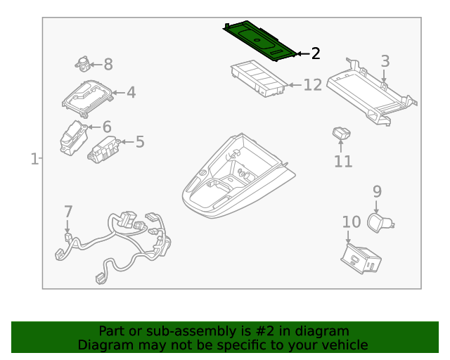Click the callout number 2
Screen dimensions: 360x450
coord(316,53)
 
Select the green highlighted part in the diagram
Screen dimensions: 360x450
coord(259,41)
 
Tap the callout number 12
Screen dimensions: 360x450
coord(312,85)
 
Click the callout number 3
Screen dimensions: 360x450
coord(385,61)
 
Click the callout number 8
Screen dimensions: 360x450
coord(108,65)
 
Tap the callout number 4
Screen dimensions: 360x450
coord(131,92)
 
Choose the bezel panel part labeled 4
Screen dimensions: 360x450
coord(88,98)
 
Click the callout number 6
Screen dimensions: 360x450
coord(107,127)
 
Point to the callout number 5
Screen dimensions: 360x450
coord(140,142)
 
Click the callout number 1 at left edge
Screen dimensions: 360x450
coord(34,160)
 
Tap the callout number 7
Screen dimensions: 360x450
coord(68,211)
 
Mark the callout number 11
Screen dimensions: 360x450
coord(342,161)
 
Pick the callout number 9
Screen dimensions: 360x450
coord(377,191)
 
